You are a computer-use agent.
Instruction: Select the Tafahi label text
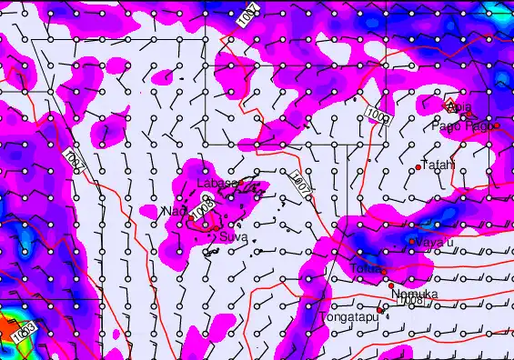(x=438, y=165)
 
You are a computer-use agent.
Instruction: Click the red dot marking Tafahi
(x=418, y=167)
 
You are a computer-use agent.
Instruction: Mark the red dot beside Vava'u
(x=411, y=241)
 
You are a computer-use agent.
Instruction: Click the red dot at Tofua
(x=383, y=272)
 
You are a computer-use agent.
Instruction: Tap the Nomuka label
(x=415, y=295)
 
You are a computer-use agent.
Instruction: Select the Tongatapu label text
(x=348, y=317)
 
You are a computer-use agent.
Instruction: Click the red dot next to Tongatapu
(x=380, y=309)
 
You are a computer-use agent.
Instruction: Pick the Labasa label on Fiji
(x=217, y=184)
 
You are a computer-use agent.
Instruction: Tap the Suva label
(x=234, y=235)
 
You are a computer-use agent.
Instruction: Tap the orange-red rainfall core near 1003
(x=7, y=325)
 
